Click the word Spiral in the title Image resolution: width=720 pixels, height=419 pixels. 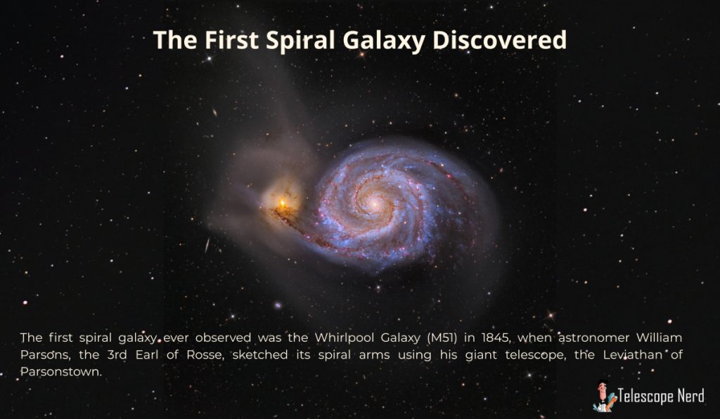[300, 40]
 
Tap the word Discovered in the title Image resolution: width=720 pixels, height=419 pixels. [500, 39]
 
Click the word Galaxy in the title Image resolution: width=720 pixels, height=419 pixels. [384, 41]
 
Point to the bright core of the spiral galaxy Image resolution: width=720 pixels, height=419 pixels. [375, 204]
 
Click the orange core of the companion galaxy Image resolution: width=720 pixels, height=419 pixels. [283, 202]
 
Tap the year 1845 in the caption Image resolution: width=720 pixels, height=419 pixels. [496, 338]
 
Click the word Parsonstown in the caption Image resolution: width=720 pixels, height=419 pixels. [60, 372]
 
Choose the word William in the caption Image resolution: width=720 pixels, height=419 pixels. [659, 338]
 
